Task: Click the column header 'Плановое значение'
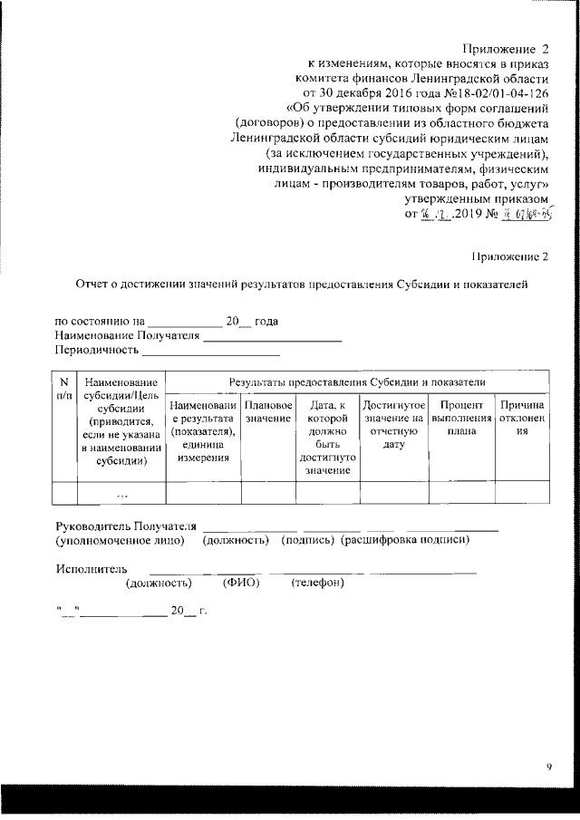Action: coord(268,411)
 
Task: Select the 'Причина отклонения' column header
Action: coord(522,418)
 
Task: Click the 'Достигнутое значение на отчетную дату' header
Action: coord(393,424)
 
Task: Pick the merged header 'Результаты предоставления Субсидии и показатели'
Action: coord(357,383)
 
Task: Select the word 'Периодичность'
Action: coord(97,350)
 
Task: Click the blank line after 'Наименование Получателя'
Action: coord(272,337)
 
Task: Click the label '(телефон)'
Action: coord(317,582)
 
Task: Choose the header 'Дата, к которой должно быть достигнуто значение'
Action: coord(327,437)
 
